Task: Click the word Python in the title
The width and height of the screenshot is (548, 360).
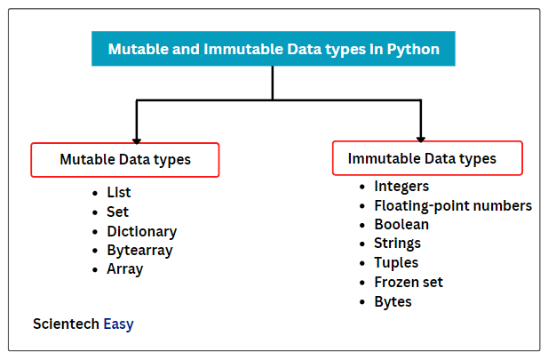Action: coord(413,49)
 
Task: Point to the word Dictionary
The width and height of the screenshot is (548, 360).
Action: coord(142,232)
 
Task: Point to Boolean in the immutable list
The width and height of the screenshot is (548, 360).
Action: coord(401,224)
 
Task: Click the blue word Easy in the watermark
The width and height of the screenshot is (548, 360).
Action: coord(118,324)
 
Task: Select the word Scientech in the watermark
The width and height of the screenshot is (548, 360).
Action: coord(66,324)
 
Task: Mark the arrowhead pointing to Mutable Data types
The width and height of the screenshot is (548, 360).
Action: coord(137,141)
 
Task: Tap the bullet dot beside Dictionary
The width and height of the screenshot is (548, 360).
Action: coord(95,232)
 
